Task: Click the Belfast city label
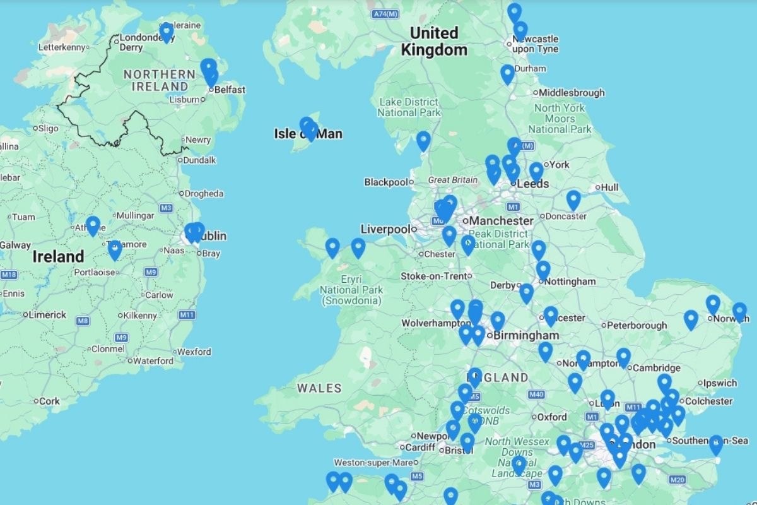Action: (230, 90)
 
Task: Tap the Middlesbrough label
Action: (572, 93)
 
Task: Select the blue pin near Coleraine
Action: (167, 32)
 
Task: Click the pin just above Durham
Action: (507, 74)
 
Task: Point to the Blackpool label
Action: (385, 182)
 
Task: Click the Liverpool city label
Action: (385, 229)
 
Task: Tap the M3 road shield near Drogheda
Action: (167, 208)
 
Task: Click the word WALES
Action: (319, 388)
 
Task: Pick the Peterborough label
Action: (637, 326)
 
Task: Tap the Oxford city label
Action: (551, 417)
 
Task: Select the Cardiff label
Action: (420, 448)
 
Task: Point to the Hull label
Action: (609, 187)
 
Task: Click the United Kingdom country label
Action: (435, 41)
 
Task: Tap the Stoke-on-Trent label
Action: (435, 276)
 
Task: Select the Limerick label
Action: (47, 315)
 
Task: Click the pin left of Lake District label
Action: (423, 141)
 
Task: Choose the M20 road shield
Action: (678, 480)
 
